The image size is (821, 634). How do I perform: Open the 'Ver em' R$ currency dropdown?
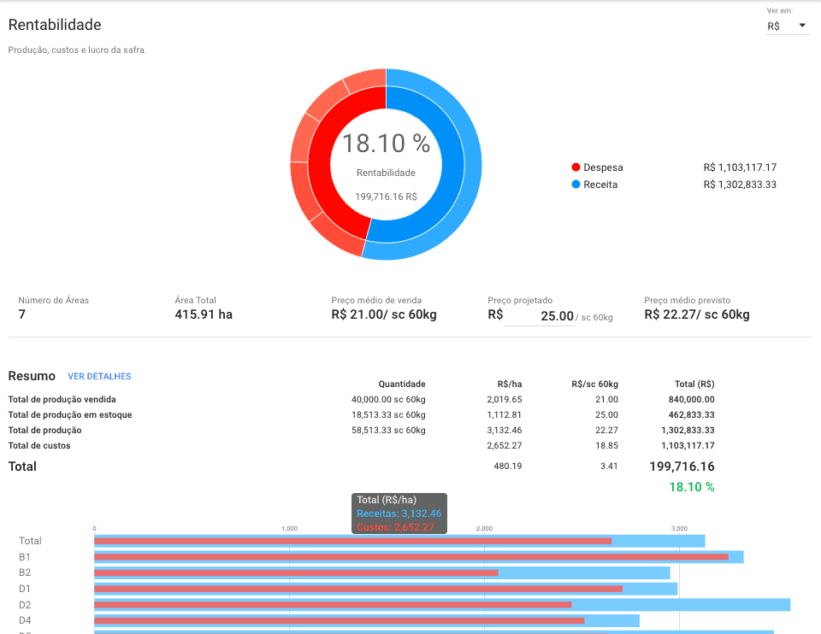coord(787,26)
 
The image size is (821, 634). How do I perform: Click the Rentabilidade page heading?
coord(55,26)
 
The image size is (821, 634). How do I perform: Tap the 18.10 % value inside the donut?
coord(386,144)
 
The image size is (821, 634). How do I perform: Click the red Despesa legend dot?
coord(576,167)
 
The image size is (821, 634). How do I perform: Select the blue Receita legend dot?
coord(576,185)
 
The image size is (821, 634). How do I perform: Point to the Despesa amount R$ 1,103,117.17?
coord(740,167)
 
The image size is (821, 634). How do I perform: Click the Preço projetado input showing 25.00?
coord(540,316)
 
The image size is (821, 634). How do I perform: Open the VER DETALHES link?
coord(99,376)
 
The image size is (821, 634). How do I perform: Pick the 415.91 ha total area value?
coord(204,314)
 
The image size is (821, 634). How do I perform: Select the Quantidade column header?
coord(402,385)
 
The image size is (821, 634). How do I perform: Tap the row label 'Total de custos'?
coord(39,445)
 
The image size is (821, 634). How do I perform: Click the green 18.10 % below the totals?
coord(691,487)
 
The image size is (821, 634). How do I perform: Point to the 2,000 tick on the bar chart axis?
coord(485,529)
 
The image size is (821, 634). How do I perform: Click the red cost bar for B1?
coord(410,556)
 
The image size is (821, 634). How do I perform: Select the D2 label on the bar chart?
coord(26,604)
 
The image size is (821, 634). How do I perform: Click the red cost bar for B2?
coord(295,572)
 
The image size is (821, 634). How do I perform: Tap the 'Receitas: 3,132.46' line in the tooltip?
coord(399,514)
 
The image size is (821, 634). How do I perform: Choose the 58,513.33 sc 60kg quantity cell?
coord(388,430)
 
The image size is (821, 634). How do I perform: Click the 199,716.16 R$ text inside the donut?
coord(386,197)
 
